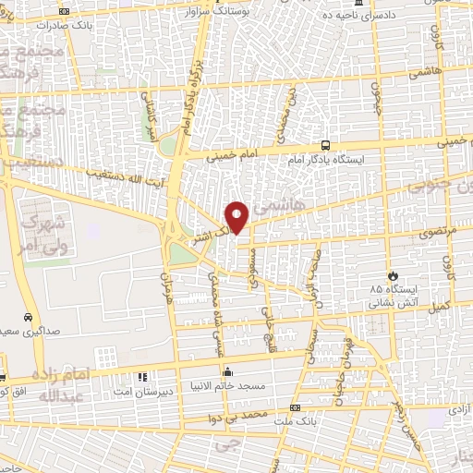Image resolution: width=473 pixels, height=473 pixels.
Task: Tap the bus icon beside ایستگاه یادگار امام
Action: pyautogui.click(x=324, y=145)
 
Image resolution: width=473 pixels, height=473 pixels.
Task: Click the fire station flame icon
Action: pyautogui.click(x=393, y=275)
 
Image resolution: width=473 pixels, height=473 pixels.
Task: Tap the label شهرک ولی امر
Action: pyautogui.click(x=44, y=234)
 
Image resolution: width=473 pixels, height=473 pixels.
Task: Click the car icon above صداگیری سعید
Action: pyautogui.click(x=29, y=317)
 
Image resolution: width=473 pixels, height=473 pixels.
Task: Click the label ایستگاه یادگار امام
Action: pyautogui.click(x=370, y=160)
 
